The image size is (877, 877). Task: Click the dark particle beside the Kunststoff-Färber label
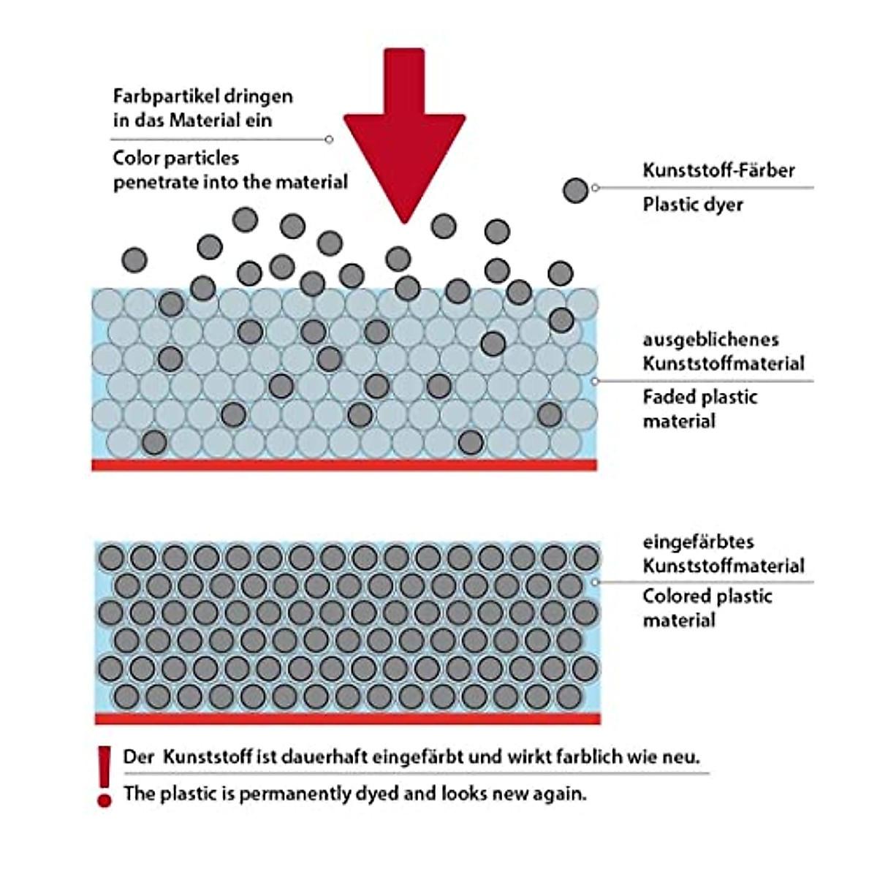[x=576, y=191]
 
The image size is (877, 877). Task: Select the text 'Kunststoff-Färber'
[x=718, y=170]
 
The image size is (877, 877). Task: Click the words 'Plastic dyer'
[x=692, y=204]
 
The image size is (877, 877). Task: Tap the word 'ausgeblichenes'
[x=700, y=340]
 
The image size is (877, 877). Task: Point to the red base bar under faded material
[x=343, y=465]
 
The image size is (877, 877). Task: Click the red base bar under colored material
[x=347, y=719]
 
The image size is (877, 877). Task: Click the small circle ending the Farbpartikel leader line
[x=329, y=139]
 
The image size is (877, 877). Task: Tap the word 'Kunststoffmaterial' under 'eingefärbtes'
[x=723, y=566]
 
